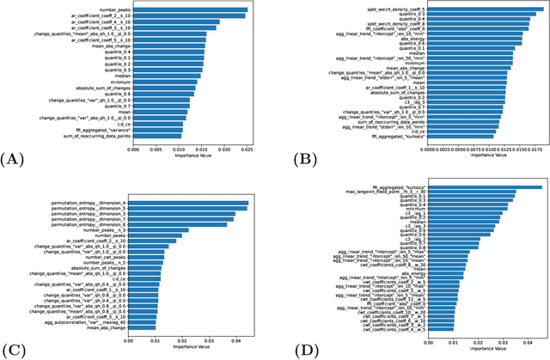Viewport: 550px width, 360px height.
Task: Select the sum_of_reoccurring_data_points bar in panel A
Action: click(x=158, y=136)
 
